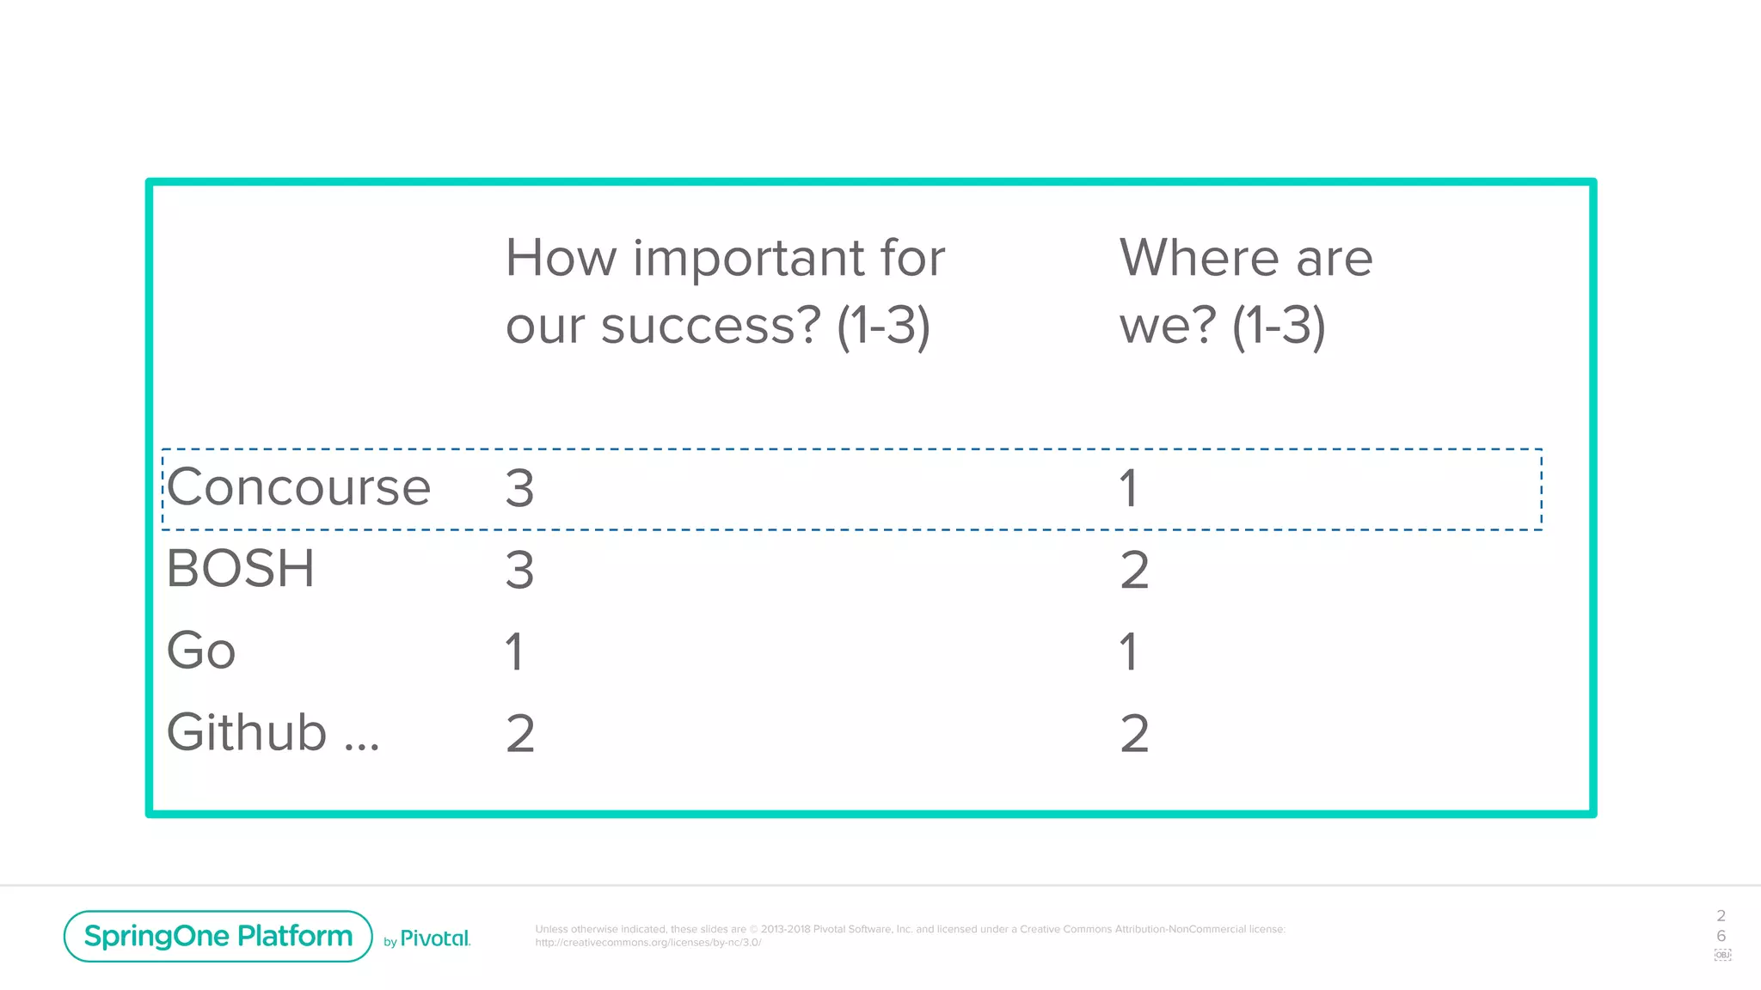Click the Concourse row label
(x=298, y=487)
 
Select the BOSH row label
(x=241, y=569)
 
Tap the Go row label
(x=201, y=651)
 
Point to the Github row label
(x=272, y=733)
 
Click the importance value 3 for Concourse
(x=520, y=489)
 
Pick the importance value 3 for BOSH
(x=520, y=571)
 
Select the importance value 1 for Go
(x=515, y=652)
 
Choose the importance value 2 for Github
(x=520, y=734)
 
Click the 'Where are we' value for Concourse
(x=1129, y=489)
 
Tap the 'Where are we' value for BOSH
(x=1135, y=571)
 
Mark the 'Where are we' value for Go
(x=1129, y=652)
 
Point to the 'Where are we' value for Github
(x=1135, y=734)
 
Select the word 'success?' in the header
(x=711, y=327)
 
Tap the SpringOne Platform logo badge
(x=218, y=936)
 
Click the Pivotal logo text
(x=435, y=938)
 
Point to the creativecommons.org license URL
(x=648, y=943)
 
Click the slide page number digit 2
(x=1721, y=916)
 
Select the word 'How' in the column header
(x=561, y=258)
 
